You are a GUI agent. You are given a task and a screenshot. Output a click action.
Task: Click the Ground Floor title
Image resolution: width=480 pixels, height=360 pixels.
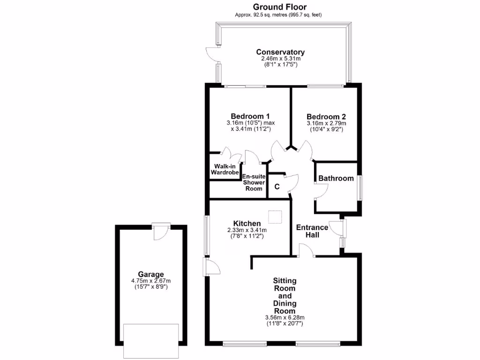click(280, 7)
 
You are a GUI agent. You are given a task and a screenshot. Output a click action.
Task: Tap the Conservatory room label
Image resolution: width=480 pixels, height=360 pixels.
click(280, 52)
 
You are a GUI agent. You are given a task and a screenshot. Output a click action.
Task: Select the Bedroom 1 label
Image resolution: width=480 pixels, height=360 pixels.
click(250, 116)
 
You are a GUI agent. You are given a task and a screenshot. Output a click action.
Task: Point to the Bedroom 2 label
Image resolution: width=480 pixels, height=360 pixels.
click(326, 116)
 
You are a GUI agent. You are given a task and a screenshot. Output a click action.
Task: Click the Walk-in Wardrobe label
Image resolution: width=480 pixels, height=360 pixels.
click(225, 169)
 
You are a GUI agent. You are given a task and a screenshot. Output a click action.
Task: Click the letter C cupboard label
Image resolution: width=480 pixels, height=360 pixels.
click(277, 187)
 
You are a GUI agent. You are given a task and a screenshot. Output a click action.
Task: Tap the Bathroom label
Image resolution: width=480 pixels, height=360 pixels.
click(336, 178)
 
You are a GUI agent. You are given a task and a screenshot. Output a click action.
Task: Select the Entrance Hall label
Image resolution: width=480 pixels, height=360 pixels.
click(312, 231)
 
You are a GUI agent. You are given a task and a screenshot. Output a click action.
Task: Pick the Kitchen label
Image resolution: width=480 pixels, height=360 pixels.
click(247, 223)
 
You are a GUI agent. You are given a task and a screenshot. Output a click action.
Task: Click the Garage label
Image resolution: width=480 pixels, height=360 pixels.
click(150, 274)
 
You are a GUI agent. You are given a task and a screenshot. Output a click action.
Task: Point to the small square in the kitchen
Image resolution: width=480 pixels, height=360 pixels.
click(275, 217)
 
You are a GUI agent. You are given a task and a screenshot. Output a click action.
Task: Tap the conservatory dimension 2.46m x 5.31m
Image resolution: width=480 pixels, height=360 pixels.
click(280, 59)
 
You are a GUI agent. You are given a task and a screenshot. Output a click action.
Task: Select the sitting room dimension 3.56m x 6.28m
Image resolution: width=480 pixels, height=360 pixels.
click(285, 317)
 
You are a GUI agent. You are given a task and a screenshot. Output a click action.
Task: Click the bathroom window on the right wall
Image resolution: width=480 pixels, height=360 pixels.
click(360, 187)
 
